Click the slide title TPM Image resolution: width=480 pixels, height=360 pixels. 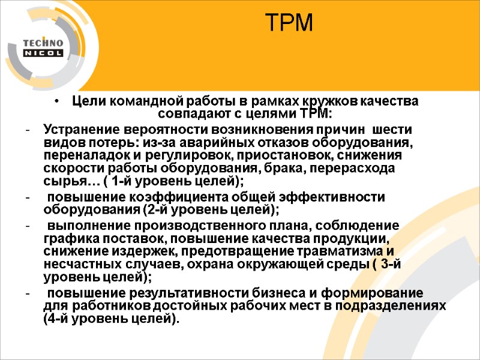[290, 23]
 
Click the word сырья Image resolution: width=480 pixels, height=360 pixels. [60, 182]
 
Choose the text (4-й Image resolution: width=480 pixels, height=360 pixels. [59, 319]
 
